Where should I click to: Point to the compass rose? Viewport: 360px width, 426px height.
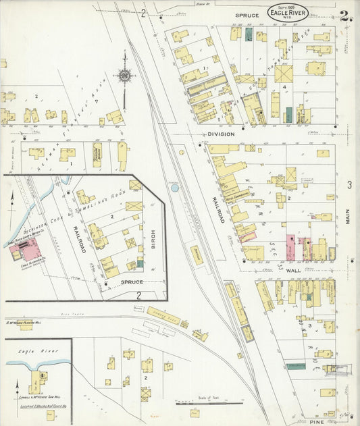pos(124,76)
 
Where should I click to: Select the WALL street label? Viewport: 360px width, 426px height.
pos(292,270)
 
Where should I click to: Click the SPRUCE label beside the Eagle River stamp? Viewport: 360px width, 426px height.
pos(247,14)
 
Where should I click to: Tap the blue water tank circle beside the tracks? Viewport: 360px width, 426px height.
pos(176,188)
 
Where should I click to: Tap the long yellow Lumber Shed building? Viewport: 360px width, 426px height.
pos(164,315)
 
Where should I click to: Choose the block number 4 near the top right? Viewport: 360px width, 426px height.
pos(285,87)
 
